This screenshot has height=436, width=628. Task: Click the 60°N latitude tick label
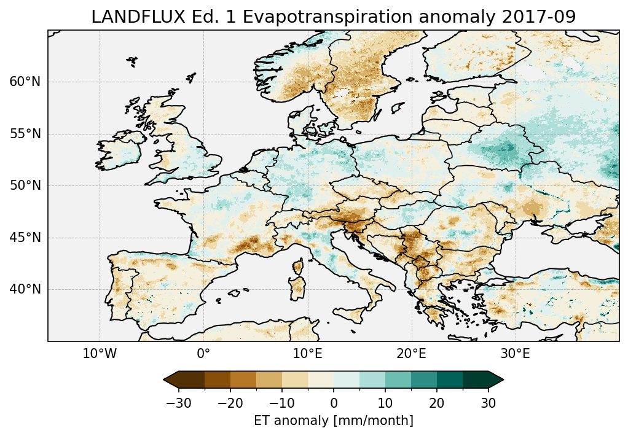pos(25,82)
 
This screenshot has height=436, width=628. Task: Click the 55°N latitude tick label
pos(25,134)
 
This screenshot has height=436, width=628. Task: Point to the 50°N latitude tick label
pos(25,185)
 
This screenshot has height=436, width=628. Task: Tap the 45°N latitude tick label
pos(25,238)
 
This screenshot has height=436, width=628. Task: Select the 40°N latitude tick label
pos(25,289)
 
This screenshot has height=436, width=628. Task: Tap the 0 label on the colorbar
pos(334,403)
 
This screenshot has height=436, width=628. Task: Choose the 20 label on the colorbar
pos(437,403)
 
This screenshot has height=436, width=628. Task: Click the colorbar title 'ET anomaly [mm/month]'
pos(334,421)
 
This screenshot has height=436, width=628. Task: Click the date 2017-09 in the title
pos(540,17)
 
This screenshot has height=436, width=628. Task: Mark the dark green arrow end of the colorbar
pos(497,380)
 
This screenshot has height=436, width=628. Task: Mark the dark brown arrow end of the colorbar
pos(171,380)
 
